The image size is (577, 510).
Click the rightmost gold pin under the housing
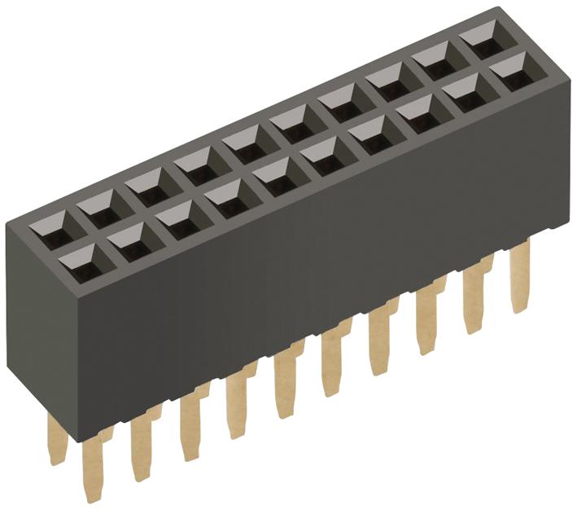[x=518, y=277]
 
